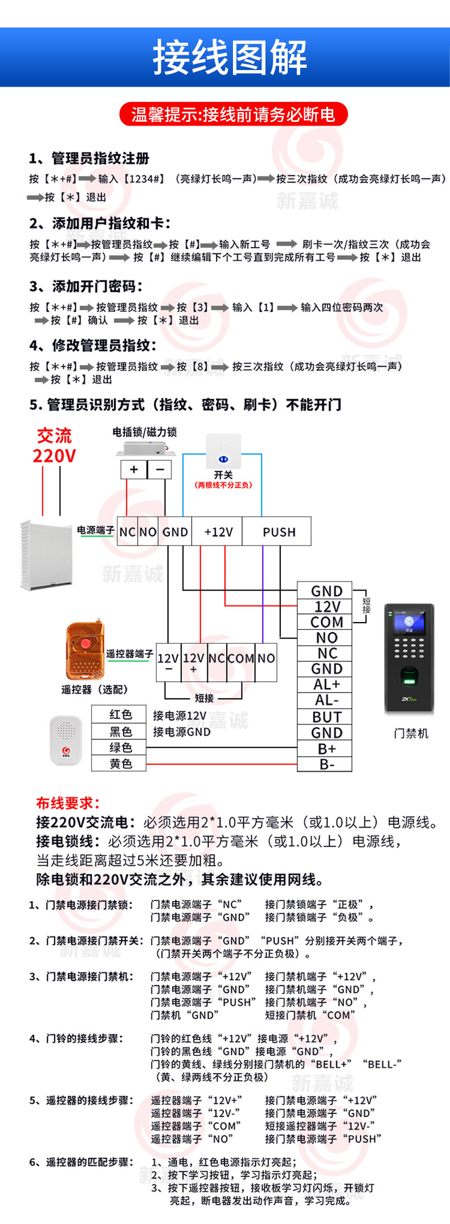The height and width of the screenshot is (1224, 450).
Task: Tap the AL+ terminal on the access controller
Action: point(325,685)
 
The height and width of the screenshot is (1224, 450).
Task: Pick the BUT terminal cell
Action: point(325,717)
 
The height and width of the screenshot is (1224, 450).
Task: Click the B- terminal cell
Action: point(325,764)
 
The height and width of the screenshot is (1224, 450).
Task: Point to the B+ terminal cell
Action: point(325,748)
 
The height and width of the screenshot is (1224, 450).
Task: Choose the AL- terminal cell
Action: point(325,701)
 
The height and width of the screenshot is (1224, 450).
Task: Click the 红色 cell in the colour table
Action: point(119,714)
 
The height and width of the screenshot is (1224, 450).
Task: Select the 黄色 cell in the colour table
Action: point(119,763)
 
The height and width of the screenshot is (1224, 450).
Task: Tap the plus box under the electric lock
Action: point(134,469)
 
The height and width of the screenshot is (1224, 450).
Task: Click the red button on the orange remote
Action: point(86,644)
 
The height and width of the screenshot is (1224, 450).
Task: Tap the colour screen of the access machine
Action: point(409,623)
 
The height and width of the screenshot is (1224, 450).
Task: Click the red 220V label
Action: point(54,456)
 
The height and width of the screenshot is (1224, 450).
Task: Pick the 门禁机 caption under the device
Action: point(411,734)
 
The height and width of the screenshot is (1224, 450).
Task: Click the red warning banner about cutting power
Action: point(233,114)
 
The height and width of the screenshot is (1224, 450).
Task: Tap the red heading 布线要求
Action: point(68,803)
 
